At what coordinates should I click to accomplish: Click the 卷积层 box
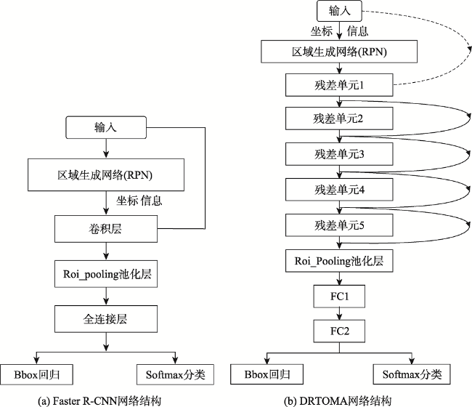point(106,229)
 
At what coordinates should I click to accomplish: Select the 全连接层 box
point(106,319)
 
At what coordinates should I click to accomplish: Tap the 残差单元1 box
point(339,85)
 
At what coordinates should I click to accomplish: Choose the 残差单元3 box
point(339,154)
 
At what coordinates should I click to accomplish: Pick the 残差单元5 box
point(339,225)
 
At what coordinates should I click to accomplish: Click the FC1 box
point(339,296)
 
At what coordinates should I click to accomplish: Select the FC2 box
point(339,331)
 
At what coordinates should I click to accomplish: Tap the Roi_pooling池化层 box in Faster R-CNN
point(106,274)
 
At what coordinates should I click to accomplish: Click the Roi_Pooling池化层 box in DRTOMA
point(339,261)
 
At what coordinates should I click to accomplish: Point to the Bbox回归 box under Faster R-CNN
point(36,374)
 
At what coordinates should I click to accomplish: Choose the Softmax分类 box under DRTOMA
point(412,374)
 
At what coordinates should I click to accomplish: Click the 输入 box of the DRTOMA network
point(339,11)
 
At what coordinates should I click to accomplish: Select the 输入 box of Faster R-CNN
point(106,127)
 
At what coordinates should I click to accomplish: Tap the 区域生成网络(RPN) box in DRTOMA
point(339,52)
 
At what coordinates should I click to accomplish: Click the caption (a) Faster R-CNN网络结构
point(99,401)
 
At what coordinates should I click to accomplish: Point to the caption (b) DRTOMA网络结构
point(338,401)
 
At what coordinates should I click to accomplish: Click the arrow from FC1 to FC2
point(339,314)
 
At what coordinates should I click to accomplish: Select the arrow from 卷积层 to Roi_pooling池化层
point(106,251)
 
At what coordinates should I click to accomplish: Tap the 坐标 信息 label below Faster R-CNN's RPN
point(139,201)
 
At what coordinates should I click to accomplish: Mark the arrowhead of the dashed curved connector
point(469,49)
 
